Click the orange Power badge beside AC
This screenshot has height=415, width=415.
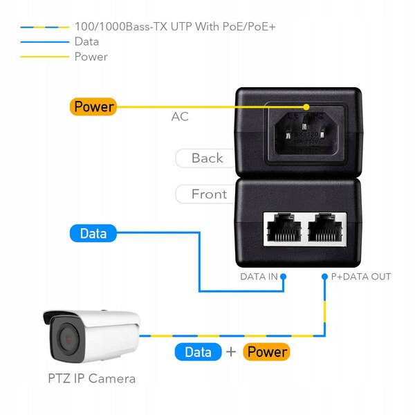(x=93, y=107)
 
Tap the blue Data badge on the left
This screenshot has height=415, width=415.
(x=93, y=234)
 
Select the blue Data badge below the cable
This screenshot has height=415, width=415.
(x=198, y=352)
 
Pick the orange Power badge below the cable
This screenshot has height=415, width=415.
(x=267, y=352)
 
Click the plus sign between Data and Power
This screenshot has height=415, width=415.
(x=232, y=352)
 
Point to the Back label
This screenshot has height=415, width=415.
(x=207, y=158)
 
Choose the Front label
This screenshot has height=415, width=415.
(x=209, y=194)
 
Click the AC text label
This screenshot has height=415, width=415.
(x=180, y=117)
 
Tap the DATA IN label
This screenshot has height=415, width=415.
(x=259, y=277)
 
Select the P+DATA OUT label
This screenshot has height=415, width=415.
(x=361, y=277)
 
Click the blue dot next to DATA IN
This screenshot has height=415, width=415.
(x=284, y=277)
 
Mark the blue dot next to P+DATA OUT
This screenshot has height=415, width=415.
(x=324, y=277)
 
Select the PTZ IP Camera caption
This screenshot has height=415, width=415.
(x=92, y=378)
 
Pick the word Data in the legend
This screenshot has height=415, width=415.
(x=86, y=41)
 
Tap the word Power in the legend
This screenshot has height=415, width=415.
(x=91, y=57)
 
